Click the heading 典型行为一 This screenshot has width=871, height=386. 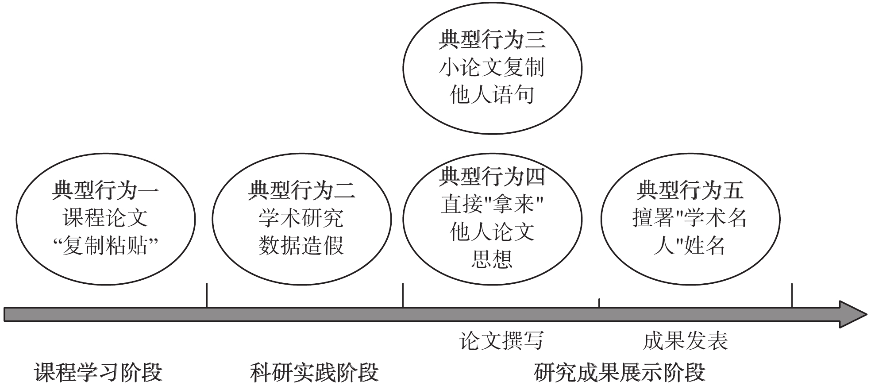pos(105,191)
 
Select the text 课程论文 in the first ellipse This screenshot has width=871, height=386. pos(105,218)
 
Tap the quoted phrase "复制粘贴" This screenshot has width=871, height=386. pos(105,246)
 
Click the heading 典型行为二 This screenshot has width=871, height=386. pos(301,191)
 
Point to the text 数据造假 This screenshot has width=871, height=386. pos(301,246)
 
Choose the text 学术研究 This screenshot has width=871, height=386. pos(301,218)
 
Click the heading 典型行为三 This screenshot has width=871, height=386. pos(492,40)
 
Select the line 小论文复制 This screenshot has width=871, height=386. pos(492,67)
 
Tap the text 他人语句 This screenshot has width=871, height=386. pos(492,95)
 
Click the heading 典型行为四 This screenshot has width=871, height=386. pos(492,177)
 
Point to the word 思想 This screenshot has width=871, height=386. pos(492,259)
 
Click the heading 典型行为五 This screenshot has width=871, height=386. pos(690,191)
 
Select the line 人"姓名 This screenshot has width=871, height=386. pos(690,246)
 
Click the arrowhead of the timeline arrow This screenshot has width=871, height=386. pos(852,314)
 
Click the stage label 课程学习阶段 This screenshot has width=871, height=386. pos(98,372)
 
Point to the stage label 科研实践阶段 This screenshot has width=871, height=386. pos(314,372)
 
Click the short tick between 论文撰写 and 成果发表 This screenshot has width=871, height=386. pos(599,303)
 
